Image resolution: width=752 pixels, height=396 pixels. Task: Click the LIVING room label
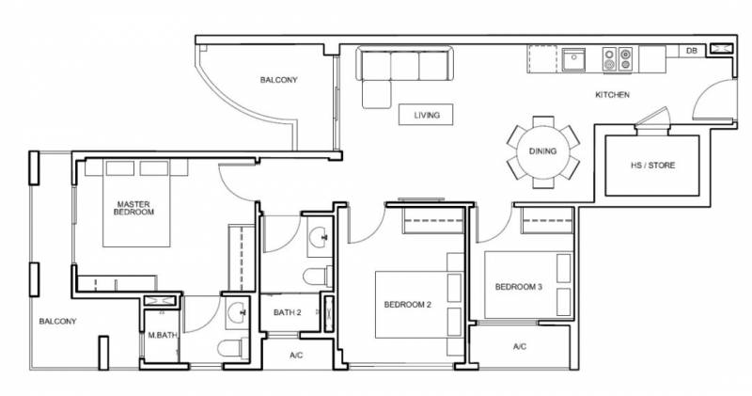(x=427, y=115)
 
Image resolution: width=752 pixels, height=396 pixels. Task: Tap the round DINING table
(x=543, y=151)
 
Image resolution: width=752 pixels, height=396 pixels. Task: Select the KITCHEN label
(x=613, y=95)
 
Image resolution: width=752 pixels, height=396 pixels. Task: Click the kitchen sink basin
(x=573, y=59)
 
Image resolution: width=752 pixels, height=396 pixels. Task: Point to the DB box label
(x=691, y=51)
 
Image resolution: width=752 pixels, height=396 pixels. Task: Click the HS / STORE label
(x=652, y=166)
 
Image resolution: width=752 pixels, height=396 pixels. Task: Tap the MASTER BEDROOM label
(x=133, y=208)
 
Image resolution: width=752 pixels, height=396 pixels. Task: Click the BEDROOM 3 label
(x=519, y=287)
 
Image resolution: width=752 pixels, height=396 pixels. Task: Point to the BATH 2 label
(x=288, y=312)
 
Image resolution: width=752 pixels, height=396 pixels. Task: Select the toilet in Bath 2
(x=318, y=277)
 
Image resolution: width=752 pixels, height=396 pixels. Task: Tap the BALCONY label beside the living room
(x=278, y=80)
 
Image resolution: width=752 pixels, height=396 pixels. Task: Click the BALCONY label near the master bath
(x=57, y=321)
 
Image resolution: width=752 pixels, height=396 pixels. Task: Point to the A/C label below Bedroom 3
(x=520, y=346)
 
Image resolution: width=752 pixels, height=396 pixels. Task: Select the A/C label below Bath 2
(x=296, y=356)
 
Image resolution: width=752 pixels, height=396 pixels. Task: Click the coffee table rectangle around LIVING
(x=426, y=115)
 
